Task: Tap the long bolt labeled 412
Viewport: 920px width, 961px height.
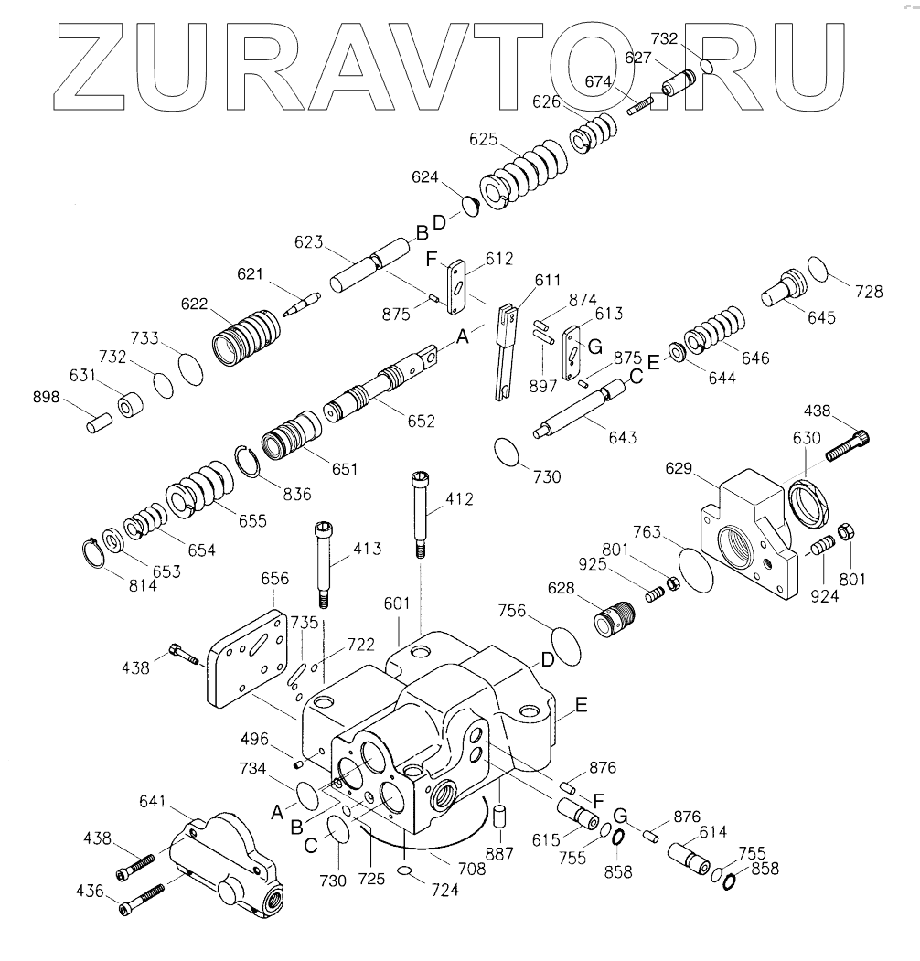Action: click(x=420, y=512)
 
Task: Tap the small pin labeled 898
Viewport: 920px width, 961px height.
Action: click(x=98, y=424)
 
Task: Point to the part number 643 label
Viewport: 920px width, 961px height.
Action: click(x=623, y=437)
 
